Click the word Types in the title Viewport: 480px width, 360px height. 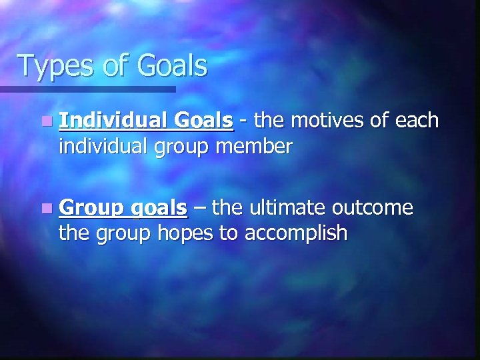(55, 67)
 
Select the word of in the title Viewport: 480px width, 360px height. (114, 66)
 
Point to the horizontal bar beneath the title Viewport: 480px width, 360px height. (87, 89)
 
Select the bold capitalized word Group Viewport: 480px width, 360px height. (89, 209)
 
